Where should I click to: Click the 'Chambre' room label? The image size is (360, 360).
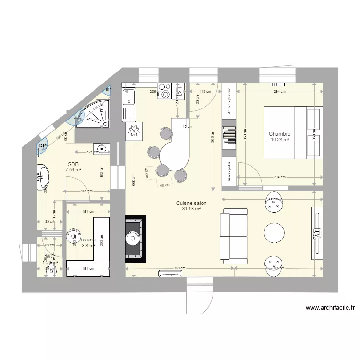pyautogui.click(x=279, y=134)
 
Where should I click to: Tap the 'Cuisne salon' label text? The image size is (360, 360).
pyautogui.click(x=191, y=203)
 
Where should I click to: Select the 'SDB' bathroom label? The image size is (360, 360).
pyautogui.click(x=73, y=164)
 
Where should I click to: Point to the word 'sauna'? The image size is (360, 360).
pyautogui.click(x=88, y=240)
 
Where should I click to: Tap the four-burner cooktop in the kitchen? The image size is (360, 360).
pyautogui.click(x=165, y=91)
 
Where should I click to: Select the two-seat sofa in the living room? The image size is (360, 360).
pyautogui.click(x=233, y=236)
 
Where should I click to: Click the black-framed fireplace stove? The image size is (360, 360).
pyautogui.click(x=135, y=238)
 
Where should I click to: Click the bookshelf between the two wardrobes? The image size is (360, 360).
pyautogui.click(x=229, y=135)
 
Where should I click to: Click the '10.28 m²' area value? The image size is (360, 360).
pyautogui.click(x=279, y=140)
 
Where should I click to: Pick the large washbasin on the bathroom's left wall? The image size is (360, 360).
pyautogui.click(x=43, y=177)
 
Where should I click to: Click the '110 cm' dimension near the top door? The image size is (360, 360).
pyautogui.click(x=205, y=91)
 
